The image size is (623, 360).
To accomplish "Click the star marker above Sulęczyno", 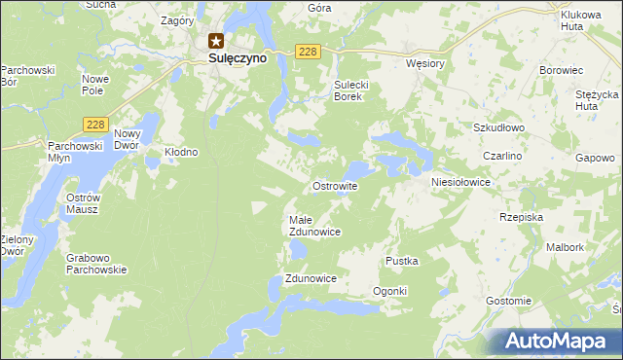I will (216, 41).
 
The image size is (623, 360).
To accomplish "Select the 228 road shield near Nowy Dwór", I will (94, 125).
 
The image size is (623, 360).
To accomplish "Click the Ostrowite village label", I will (335, 185).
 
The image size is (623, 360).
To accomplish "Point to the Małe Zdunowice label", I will (314, 226).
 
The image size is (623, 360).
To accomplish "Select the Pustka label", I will (401, 261).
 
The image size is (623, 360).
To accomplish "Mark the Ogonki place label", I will (389, 292).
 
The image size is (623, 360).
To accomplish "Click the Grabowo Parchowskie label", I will (96, 264).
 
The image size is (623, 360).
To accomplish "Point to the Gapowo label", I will (595, 158).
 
